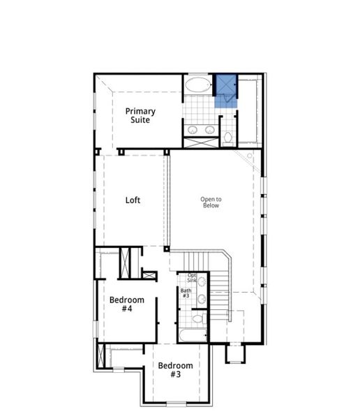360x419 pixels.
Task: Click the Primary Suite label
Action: coord(140,115)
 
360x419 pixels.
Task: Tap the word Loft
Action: coord(133,200)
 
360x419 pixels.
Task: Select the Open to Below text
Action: coord(211,202)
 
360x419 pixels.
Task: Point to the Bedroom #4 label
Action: coord(126,304)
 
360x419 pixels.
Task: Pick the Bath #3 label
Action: coord(186,293)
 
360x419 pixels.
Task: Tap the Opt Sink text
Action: coord(191,278)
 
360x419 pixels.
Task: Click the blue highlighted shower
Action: coord(225,90)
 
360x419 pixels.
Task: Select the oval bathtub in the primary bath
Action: coord(197,87)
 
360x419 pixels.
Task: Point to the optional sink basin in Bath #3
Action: coord(202,282)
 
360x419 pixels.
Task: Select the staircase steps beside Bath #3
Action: coord(219,293)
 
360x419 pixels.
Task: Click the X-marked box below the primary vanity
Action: coord(200,142)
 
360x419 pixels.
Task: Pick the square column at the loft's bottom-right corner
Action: coord(167,248)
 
